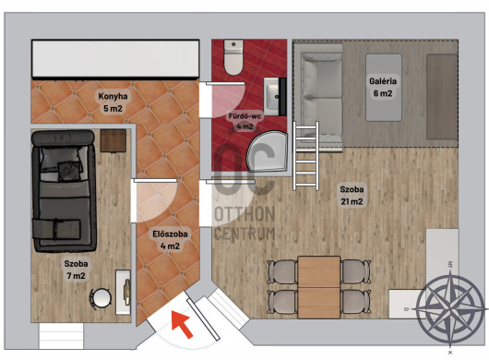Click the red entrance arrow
[182, 323]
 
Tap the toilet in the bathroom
[233, 57]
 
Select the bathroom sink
[275, 96]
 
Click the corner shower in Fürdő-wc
[268, 151]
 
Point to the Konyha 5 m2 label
[113, 102]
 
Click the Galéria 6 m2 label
[383, 87]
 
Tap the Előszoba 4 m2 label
[170, 240]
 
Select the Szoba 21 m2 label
[352, 196]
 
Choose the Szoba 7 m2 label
[76, 270]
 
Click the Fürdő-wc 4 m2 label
[244, 121]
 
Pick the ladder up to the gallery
[306, 156]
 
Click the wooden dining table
[318, 287]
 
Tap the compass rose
[449, 308]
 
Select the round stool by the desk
[101, 298]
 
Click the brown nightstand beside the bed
[113, 140]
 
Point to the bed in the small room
[64, 191]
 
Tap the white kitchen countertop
[115, 59]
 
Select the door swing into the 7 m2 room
[154, 200]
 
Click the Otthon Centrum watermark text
[244, 223]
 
